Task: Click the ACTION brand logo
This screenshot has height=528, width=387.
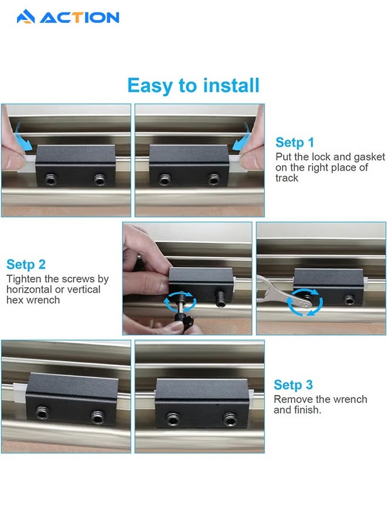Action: tap(68, 17)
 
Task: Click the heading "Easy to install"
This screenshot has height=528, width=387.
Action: tap(193, 85)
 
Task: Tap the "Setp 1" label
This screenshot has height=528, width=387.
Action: tap(294, 143)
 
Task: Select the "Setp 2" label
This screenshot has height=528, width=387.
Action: tap(26, 265)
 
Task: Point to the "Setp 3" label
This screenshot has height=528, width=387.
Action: tap(293, 385)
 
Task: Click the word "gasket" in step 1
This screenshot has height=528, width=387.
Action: tap(369, 157)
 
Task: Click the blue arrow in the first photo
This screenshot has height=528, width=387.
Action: tap(23, 137)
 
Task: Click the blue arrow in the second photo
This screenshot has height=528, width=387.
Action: tap(242, 137)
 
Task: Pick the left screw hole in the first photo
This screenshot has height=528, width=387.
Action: tap(51, 180)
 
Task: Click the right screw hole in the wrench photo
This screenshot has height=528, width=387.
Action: tap(349, 299)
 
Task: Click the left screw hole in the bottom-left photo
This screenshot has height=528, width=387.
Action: tap(42, 412)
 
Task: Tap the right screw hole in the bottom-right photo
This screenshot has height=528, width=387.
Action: tap(230, 419)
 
